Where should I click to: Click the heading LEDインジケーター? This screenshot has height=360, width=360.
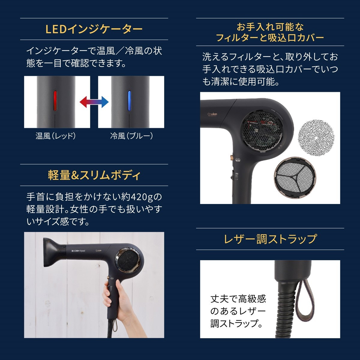click(x=94, y=29)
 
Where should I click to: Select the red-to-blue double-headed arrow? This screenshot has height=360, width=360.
click(x=94, y=102)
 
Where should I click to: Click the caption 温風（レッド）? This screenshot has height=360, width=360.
click(x=55, y=136)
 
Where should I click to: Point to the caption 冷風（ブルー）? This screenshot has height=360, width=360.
click(x=131, y=136)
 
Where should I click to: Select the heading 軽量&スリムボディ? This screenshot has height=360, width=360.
click(x=94, y=175)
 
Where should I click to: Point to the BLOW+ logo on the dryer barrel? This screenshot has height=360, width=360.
click(x=79, y=250)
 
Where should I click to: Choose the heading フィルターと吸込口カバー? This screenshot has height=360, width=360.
click(x=270, y=38)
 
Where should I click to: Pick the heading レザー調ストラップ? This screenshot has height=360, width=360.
click(x=270, y=239)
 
